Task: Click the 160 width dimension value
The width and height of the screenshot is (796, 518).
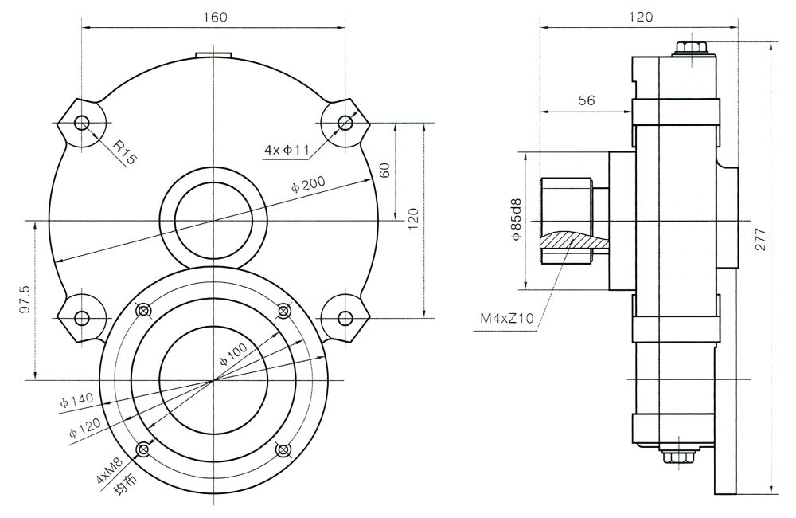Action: click(x=215, y=18)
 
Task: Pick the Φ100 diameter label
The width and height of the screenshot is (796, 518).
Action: click(x=236, y=354)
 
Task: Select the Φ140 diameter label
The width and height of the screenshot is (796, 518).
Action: click(x=77, y=399)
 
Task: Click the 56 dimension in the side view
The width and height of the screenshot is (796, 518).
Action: click(x=587, y=100)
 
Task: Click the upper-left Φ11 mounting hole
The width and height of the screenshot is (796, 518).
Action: click(x=81, y=122)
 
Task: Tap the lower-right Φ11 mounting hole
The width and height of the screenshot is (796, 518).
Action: click(x=345, y=318)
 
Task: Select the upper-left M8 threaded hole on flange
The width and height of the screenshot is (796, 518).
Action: click(x=144, y=310)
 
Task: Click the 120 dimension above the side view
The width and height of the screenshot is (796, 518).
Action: click(x=640, y=17)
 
